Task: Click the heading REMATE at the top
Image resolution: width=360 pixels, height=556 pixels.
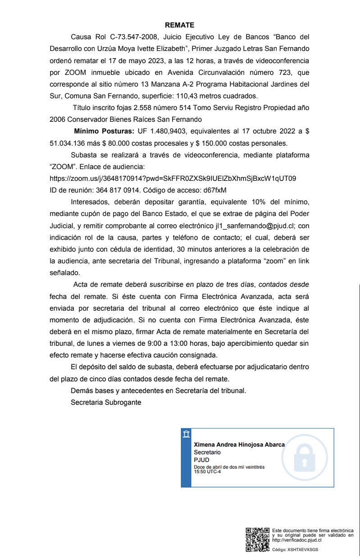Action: [179, 25]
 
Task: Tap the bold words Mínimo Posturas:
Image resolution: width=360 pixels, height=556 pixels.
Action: [104, 131]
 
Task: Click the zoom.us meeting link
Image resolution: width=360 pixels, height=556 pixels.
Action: [173, 178]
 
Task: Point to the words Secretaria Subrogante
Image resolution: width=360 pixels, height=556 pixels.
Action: [105, 402]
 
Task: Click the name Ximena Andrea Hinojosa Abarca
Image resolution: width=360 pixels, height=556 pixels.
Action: [239, 445]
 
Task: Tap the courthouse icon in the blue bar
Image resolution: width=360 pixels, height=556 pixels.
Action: [186, 434]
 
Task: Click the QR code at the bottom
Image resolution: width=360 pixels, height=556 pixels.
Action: [257, 539]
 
